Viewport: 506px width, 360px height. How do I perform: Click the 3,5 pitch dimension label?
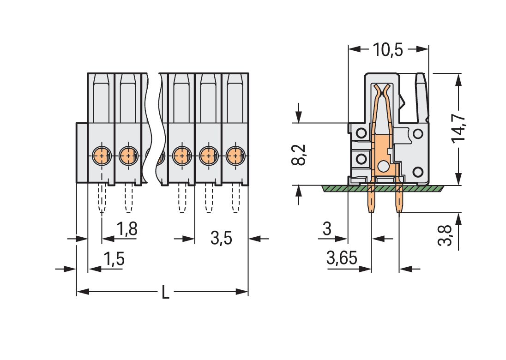click(221, 239)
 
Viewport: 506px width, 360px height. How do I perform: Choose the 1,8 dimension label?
click(126, 229)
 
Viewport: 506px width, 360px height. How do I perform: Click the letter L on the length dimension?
click(165, 292)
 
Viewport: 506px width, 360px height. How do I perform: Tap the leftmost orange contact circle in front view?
click(101, 156)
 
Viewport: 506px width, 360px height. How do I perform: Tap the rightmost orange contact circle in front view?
click(235, 156)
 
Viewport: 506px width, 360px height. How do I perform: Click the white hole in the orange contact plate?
click(383, 167)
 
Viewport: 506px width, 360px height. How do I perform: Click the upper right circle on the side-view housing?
click(418, 134)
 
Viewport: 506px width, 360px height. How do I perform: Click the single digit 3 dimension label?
click(327, 229)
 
